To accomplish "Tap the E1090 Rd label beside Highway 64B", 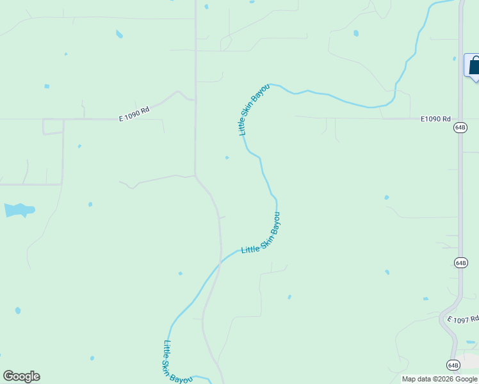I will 436,119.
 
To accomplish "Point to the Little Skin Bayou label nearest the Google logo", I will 176,362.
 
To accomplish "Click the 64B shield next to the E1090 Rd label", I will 460,127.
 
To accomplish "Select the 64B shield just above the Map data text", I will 453,365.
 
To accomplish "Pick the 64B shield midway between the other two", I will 460,262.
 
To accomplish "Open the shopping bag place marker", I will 475,66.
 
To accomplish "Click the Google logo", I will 21,376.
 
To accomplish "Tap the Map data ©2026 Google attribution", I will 439,380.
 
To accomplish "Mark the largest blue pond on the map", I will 19,209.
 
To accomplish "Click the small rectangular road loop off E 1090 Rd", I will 53,126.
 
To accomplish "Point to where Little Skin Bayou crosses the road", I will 220,262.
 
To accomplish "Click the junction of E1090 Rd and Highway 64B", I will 460,119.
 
